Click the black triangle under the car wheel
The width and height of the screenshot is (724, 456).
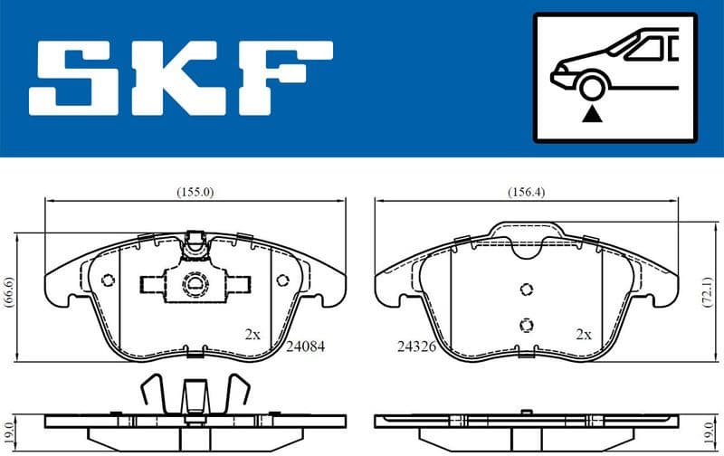(x=593, y=114)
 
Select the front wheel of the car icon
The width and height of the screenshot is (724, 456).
(x=593, y=88)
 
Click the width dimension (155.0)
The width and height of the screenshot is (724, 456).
(x=195, y=192)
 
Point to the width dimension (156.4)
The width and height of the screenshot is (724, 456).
(x=525, y=192)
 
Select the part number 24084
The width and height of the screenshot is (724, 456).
(x=305, y=346)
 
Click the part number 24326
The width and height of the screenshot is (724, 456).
(x=415, y=346)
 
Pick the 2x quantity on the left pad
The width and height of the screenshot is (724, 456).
(x=252, y=334)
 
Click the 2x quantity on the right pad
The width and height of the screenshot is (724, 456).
(x=584, y=334)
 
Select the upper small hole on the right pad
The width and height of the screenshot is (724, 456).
(x=525, y=290)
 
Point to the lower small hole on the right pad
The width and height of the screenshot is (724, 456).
(x=525, y=325)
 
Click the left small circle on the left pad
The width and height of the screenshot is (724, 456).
(x=108, y=280)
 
